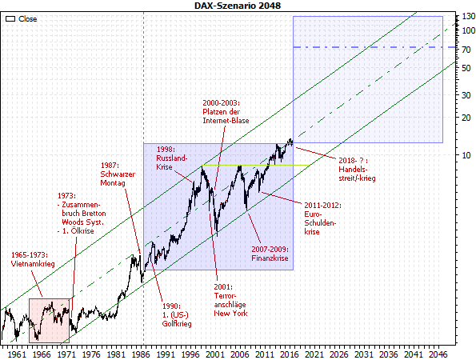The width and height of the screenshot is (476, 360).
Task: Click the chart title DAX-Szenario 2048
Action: [238, 6]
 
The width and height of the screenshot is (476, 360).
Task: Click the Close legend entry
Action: [22, 17]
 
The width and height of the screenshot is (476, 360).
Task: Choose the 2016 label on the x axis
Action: [291, 352]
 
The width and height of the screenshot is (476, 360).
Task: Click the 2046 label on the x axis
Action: [442, 352]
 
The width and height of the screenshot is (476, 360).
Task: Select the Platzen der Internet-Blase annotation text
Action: [225, 112]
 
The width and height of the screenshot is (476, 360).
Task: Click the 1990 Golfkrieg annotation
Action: [171, 315]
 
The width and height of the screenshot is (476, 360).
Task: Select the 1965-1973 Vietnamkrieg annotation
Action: [34, 260]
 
